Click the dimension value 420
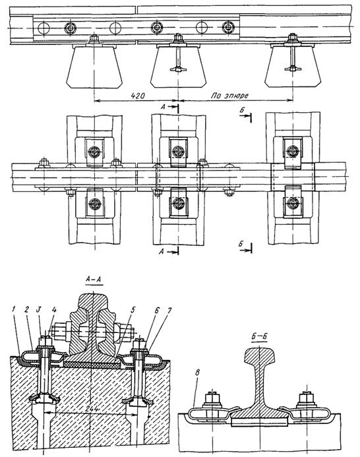click(x=138, y=96)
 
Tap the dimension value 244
click(x=93, y=410)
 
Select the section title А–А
click(x=93, y=280)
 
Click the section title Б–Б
click(x=259, y=336)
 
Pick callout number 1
click(x=13, y=310)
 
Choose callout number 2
click(x=26, y=310)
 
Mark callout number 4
click(x=53, y=310)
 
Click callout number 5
click(x=133, y=310)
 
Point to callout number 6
click(x=156, y=310)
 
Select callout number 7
click(x=169, y=310)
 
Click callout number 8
click(x=198, y=373)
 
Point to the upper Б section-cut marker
click(x=245, y=115)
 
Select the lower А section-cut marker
click(x=169, y=251)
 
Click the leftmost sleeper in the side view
click(x=94, y=67)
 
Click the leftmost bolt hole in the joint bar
click(x=44, y=28)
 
